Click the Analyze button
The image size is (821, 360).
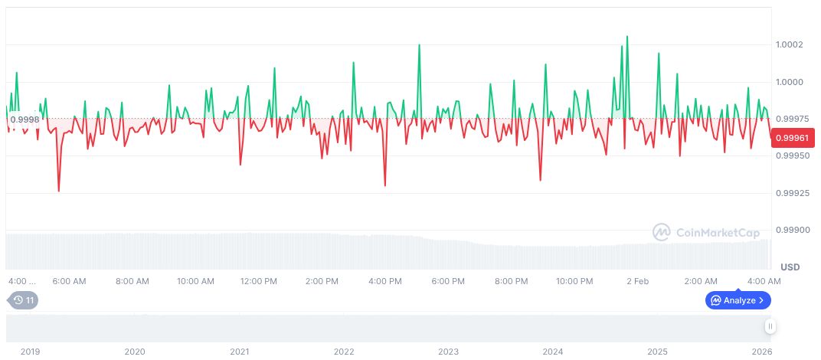pyautogui.click(x=738, y=300)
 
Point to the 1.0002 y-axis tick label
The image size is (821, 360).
pyautogui.click(x=788, y=44)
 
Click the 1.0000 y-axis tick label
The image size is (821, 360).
pyautogui.click(x=789, y=82)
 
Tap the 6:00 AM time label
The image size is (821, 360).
pyautogui.click(x=69, y=281)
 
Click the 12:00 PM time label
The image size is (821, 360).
pyautogui.click(x=258, y=281)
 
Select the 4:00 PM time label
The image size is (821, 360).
pyautogui.click(x=384, y=281)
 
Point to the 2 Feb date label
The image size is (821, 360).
pyautogui.click(x=637, y=281)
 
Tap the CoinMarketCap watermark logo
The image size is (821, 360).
pyautogui.click(x=696, y=231)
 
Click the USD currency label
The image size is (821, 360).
pyautogui.click(x=790, y=267)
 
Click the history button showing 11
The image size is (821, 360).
pyautogui.click(x=23, y=300)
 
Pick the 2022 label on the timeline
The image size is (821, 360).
pyautogui.click(x=344, y=352)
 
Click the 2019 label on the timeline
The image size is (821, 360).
pyautogui.click(x=30, y=352)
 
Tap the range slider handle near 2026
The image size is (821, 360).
pyautogui.click(x=770, y=326)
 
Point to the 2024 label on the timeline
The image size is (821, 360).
pyautogui.click(x=553, y=352)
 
